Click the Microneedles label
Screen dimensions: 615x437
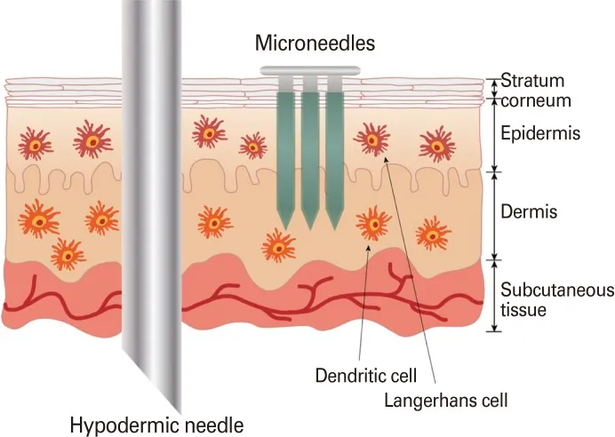(x=315, y=43)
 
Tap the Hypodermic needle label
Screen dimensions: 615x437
(x=157, y=425)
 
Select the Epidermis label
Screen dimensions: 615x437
(x=540, y=133)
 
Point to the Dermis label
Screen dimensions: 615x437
(x=529, y=211)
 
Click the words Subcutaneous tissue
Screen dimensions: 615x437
(x=557, y=300)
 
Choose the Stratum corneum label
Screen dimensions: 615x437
(x=535, y=91)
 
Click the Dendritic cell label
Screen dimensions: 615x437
(x=365, y=376)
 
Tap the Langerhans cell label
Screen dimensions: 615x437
(x=445, y=401)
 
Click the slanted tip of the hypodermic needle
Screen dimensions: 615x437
(x=180, y=411)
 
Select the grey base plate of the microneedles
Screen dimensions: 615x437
(x=310, y=70)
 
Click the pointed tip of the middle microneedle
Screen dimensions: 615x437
(x=310, y=229)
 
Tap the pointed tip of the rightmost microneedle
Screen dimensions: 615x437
(x=334, y=229)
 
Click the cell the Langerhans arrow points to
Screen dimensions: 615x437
(x=371, y=139)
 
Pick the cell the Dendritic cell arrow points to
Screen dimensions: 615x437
(x=374, y=224)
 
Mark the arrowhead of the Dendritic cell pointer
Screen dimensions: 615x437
(x=368, y=248)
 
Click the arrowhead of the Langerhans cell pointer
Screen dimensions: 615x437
(x=385, y=159)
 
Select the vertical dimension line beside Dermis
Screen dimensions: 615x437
(x=495, y=216)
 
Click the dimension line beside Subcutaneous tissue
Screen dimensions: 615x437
(x=495, y=296)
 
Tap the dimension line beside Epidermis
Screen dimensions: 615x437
(x=495, y=135)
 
